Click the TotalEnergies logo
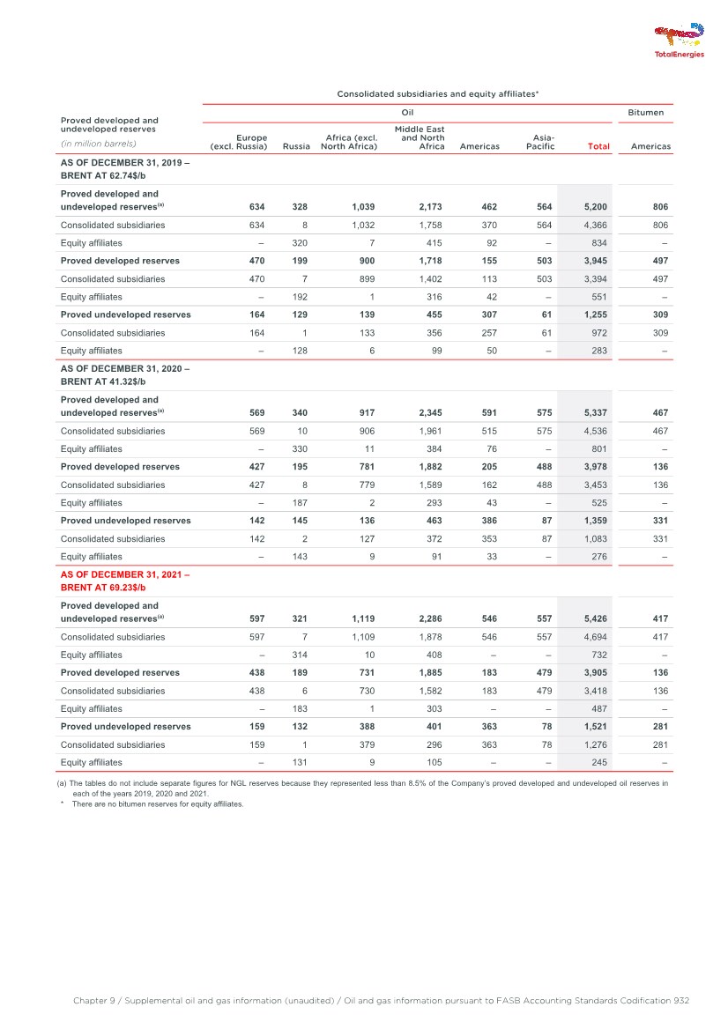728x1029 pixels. (679, 41)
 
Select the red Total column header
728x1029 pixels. (599, 146)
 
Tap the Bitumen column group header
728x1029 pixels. (650, 113)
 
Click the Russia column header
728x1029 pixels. (296, 146)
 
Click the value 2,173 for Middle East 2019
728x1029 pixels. (427, 207)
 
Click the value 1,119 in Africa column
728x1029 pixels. (360, 619)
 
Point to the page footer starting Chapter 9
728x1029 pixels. (381, 1001)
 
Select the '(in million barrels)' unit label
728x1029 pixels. (98, 143)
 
